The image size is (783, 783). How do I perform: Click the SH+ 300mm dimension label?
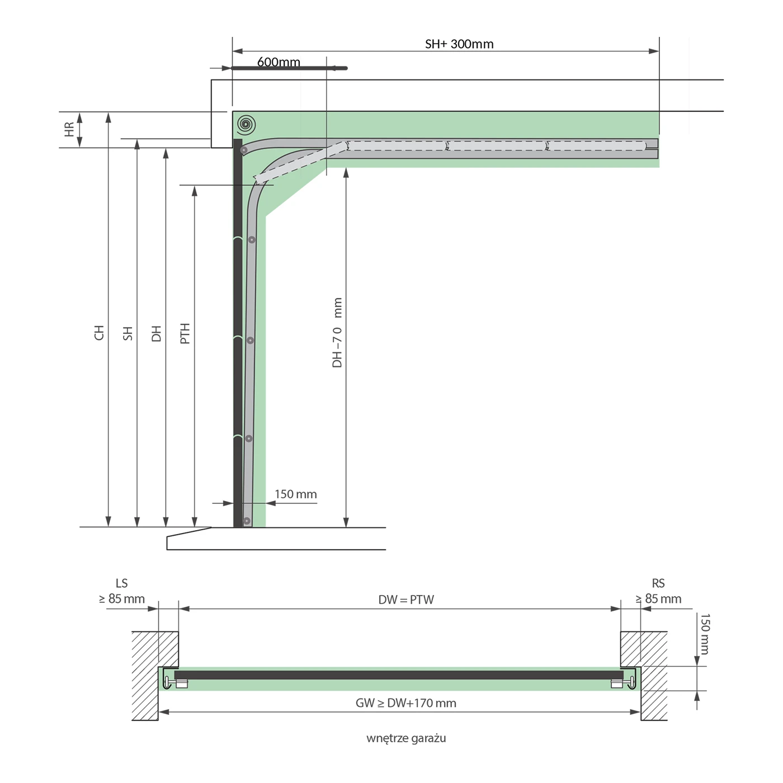click(x=459, y=44)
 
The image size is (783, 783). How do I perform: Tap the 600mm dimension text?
click(x=279, y=62)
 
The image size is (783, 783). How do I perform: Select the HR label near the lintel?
click(x=69, y=129)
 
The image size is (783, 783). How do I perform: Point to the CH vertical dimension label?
click(x=99, y=332)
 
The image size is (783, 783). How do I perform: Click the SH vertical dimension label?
click(x=128, y=333)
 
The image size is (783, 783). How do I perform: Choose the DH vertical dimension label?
click(x=157, y=333)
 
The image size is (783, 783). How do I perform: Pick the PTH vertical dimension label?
click(x=185, y=333)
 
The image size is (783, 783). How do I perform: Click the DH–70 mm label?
click(x=337, y=332)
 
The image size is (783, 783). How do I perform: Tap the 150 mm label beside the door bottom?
click(x=295, y=494)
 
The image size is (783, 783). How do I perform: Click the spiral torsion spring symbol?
click(x=246, y=124)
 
